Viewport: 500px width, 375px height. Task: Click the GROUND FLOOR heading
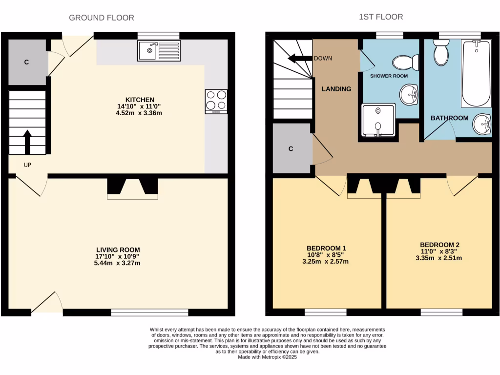pyautogui.click(x=102, y=18)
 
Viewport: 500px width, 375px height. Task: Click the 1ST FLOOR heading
pyautogui.click(x=381, y=17)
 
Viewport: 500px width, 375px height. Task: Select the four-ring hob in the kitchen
pyautogui.click(x=216, y=101)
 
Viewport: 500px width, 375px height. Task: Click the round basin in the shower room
pyautogui.click(x=409, y=94)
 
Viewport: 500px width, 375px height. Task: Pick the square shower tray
pyautogui.click(x=378, y=120)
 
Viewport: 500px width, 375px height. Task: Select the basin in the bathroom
pyautogui.click(x=482, y=124)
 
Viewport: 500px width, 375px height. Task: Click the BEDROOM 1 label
pyautogui.click(x=326, y=248)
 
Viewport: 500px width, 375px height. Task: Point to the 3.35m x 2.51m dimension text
pyautogui.click(x=439, y=258)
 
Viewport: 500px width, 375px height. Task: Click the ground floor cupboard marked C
pyautogui.click(x=26, y=62)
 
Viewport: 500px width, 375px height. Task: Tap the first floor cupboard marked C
pyautogui.click(x=291, y=149)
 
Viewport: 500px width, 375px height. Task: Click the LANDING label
pyautogui.click(x=336, y=89)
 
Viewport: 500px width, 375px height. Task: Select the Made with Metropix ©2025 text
pyautogui.click(x=267, y=357)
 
